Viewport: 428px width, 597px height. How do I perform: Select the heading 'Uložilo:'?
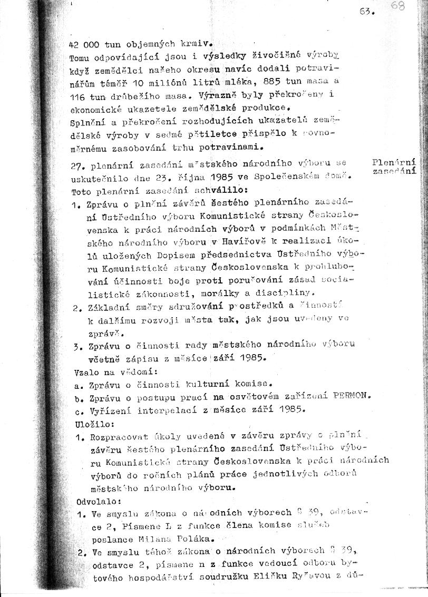click(87, 423)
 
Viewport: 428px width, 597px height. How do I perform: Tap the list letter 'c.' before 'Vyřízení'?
click(78, 409)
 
